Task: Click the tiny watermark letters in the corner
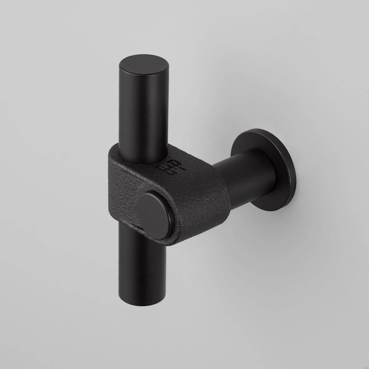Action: (366, 366)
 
